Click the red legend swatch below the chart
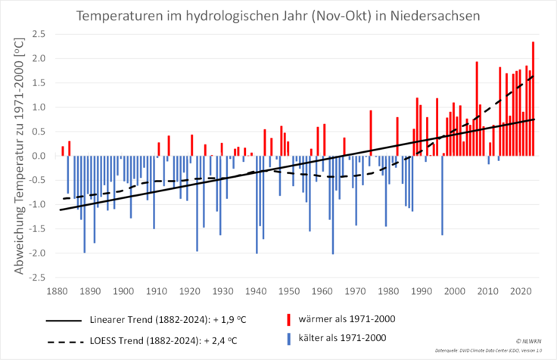pyautogui.click(x=288, y=318)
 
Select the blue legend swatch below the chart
pyautogui.click(x=288, y=339)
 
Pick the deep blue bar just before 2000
pyautogui.click(x=442, y=197)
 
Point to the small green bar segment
pyautogui.click(x=179, y=194)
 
